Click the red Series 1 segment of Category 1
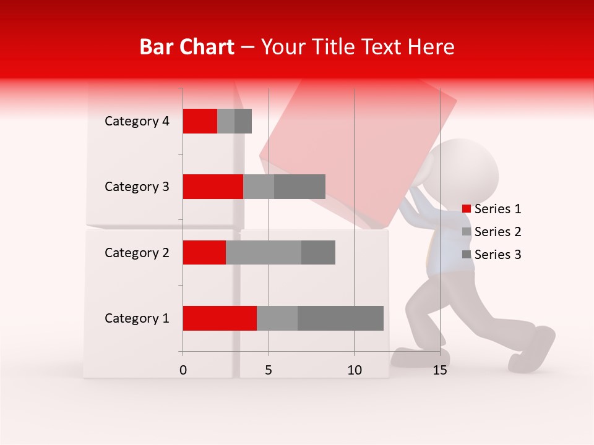pyautogui.click(x=220, y=318)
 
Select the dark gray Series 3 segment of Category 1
pyautogui.click(x=340, y=318)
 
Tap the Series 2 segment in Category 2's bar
pyautogui.click(x=264, y=252)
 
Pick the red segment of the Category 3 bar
pyautogui.click(x=213, y=187)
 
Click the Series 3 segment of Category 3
pyautogui.click(x=299, y=187)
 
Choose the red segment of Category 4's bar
pyautogui.click(x=200, y=121)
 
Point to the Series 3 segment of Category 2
pyautogui.click(x=318, y=252)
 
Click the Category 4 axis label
pyautogui.click(x=137, y=121)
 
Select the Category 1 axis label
pyautogui.click(x=137, y=318)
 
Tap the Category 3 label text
pyautogui.click(x=137, y=187)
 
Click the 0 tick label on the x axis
pyautogui.click(x=183, y=370)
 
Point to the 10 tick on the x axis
pyautogui.click(x=354, y=370)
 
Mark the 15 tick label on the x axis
pyautogui.click(x=440, y=370)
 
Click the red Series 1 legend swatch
pyautogui.click(x=467, y=209)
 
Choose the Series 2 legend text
pyautogui.click(x=497, y=232)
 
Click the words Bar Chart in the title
pyautogui.click(x=187, y=47)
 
